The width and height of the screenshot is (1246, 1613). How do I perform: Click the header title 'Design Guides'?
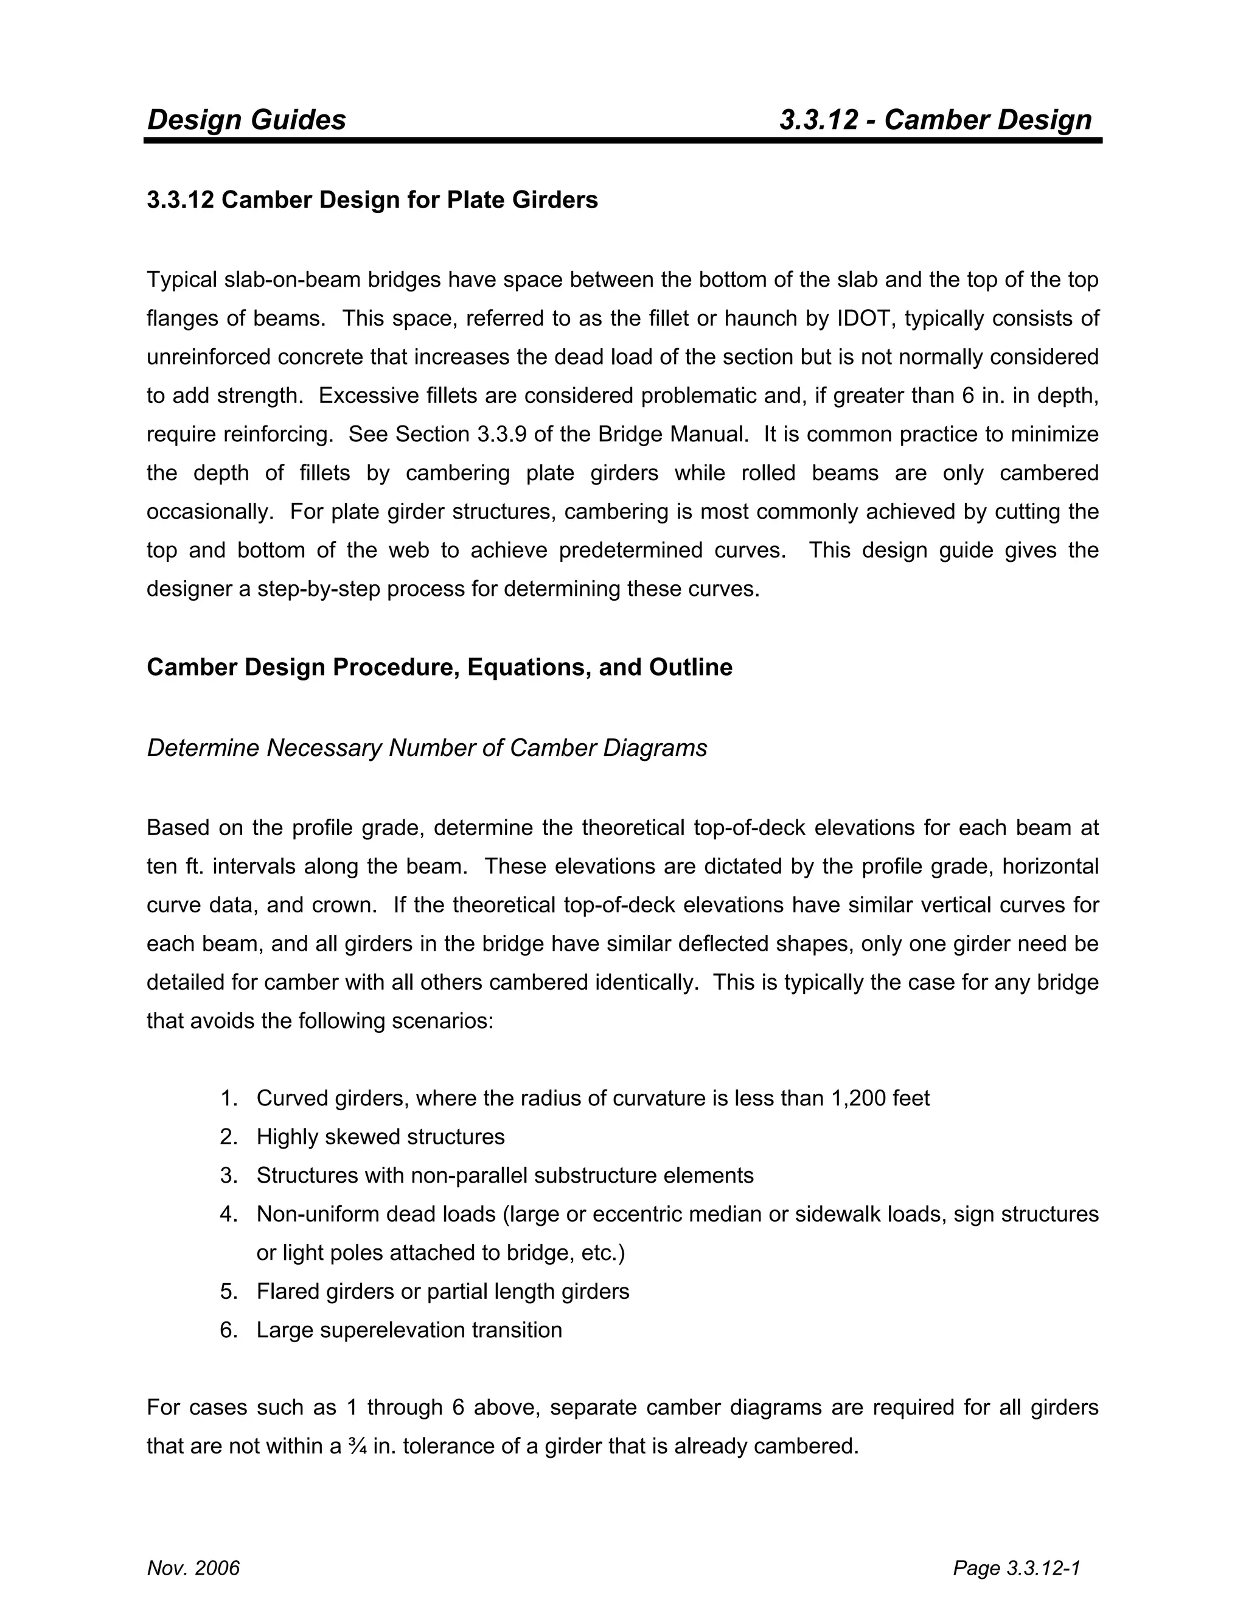(246, 120)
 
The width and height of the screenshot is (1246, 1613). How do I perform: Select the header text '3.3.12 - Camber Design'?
(935, 120)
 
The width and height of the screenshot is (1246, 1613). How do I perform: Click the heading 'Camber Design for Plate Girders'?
(409, 200)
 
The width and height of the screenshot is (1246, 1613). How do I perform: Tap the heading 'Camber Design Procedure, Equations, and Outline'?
(439, 667)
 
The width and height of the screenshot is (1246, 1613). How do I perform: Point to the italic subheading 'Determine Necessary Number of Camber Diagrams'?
(426, 748)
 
